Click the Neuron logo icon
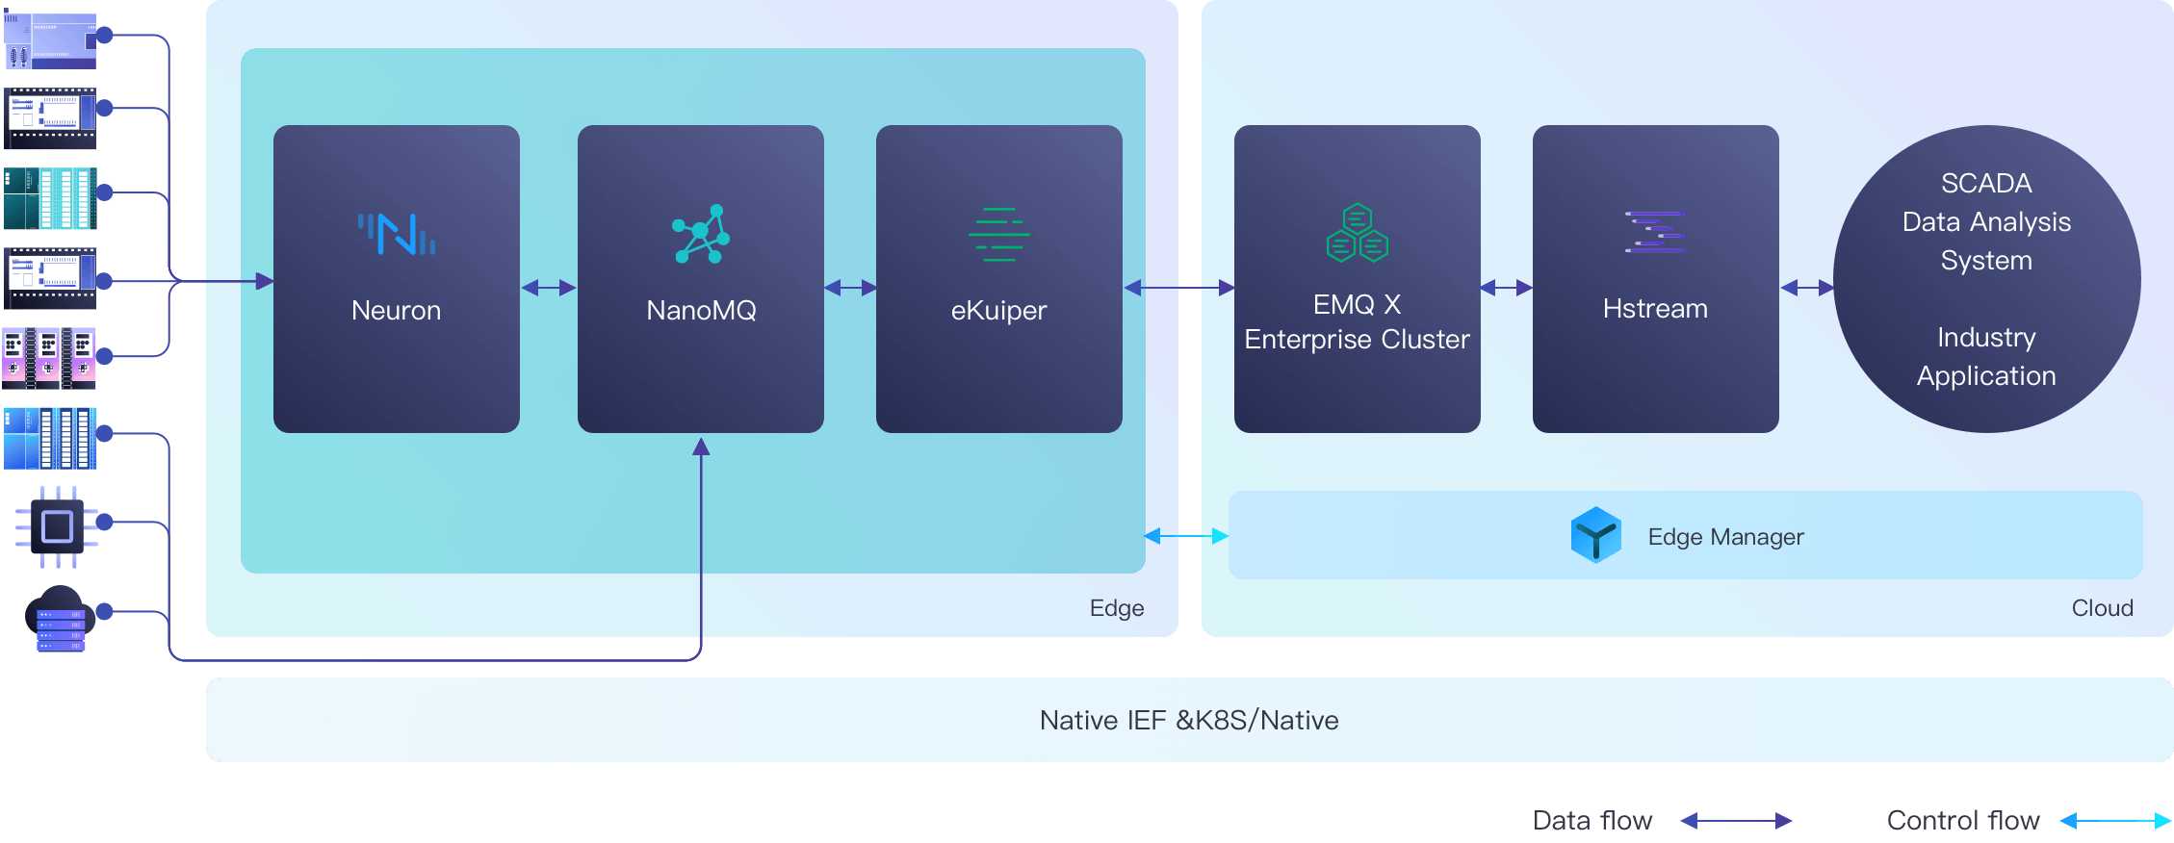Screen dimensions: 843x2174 pos(396,234)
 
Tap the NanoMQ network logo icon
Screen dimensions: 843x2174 pos(701,234)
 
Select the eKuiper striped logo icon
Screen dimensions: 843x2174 pos(998,234)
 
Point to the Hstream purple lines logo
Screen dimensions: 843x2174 pos(1655,232)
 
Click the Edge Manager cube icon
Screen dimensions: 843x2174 pos(1595,535)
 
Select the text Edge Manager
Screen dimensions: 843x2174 pos(1725,537)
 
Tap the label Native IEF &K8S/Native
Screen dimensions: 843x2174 pos(1189,720)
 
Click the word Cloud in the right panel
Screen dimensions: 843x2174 pos(2102,608)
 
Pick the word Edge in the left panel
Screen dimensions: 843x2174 pos(1116,608)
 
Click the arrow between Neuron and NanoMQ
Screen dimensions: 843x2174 pos(548,287)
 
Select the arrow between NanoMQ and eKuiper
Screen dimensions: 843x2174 pos(850,287)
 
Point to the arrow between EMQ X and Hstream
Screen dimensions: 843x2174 pos(1506,287)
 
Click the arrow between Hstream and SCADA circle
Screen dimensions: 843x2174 pos(1806,287)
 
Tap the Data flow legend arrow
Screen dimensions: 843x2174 pos(1736,821)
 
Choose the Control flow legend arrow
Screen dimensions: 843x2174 pos(2114,821)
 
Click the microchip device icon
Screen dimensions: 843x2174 pos(57,526)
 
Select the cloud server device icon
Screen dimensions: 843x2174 pos(60,619)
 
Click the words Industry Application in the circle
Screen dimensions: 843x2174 pos(1986,356)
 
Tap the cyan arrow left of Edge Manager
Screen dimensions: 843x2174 pos(1186,535)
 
